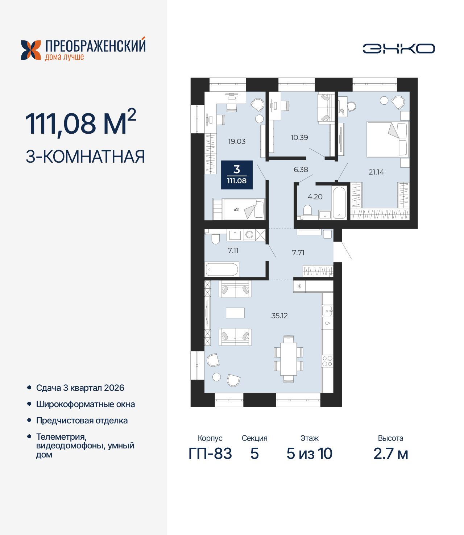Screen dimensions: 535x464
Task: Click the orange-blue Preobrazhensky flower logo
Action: (x=31, y=50)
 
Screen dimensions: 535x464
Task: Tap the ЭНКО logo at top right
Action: (x=398, y=49)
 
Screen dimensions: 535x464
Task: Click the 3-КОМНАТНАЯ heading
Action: (x=85, y=156)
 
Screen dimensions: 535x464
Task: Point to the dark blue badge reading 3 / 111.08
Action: (x=237, y=175)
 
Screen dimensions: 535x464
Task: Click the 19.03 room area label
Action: (x=237, y=142)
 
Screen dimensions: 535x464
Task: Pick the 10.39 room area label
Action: (x=299, y=138)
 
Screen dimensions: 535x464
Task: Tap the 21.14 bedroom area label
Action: (x=376, y=172)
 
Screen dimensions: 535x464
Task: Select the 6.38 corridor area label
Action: (x=301, y=170)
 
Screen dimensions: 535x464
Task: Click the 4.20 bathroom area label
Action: (x=315, y=197)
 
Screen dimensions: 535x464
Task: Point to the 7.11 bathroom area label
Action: (x=233, y=251)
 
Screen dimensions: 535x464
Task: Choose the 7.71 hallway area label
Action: (x=298, y=253)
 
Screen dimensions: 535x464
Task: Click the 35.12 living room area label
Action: (x=279, y=316)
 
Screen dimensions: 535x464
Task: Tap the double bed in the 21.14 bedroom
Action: (x=387, y=139)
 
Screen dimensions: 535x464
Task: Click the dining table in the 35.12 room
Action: (x=289, y=359)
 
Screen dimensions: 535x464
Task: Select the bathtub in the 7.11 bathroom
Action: (x=222, y=269)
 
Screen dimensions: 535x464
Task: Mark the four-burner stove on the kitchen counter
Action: (x=327, y=361)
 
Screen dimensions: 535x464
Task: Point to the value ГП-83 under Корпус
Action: (x=210, y=454)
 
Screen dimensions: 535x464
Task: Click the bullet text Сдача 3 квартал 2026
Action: (x=80, y=388)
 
